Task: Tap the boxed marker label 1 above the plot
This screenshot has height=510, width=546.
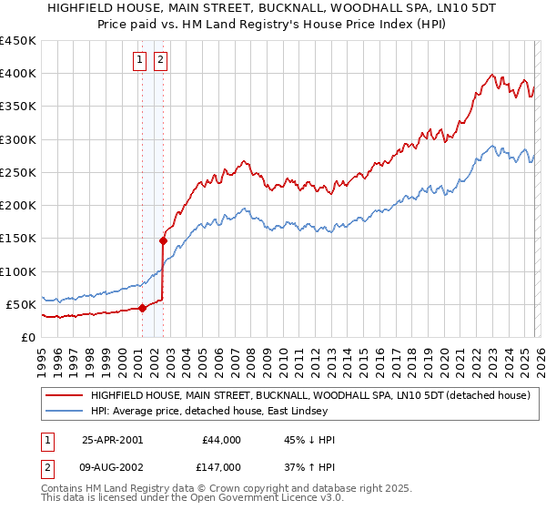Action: [x=141, y=61]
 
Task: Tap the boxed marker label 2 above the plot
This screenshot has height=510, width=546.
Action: [x=160, y=61]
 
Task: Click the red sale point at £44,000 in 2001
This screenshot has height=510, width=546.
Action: [x=142, y=308]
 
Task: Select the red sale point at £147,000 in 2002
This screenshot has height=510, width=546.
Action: [x=163, y=240]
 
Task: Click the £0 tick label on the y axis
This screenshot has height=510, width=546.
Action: [x=27, y=337]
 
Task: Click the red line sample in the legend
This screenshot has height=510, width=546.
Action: [x=64, y=396]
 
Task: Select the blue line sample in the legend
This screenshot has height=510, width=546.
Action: [x=64, y=412]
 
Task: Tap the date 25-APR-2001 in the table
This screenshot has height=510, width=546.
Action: [x=112, y=440]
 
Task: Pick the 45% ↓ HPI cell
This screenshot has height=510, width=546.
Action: [x=309, y=440]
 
